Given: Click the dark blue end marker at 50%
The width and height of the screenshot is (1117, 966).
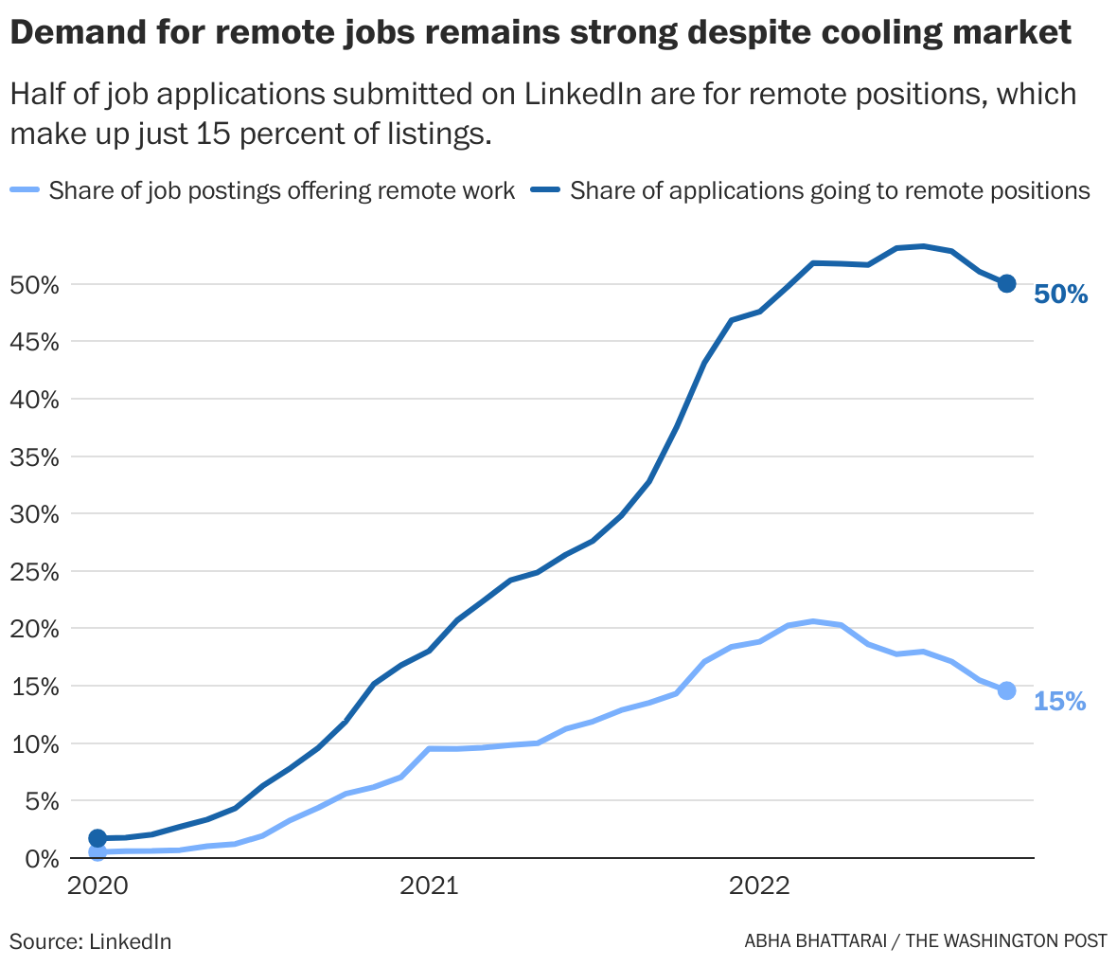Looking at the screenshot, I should pyautogui.click(x=1006, y=283).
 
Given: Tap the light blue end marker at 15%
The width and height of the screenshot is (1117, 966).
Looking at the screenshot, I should pyautogui.click(x=1006, y=690).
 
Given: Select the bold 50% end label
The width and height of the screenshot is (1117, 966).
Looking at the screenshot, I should pyautogui.click(x=1060, y=295).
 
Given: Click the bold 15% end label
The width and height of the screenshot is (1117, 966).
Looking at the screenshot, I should pyautogui.click(x=1059, y=702).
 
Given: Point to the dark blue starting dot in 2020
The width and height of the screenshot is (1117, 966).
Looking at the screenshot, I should pyautogui.click(x=98, y=838).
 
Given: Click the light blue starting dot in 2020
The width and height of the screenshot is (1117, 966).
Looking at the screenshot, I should pyautogui.click(x=98, y=852).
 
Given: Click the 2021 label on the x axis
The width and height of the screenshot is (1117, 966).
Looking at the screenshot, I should pyautogui.click(x=429, y=886).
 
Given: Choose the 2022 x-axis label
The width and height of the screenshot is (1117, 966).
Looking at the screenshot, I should pyautogui.click(x=758, y=886).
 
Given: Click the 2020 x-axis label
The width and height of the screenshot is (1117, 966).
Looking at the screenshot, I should pyautogui.click(x=98, y=886).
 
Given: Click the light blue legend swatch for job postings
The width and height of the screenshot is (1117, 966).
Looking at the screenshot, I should pyautogui.click(x=25, y=190).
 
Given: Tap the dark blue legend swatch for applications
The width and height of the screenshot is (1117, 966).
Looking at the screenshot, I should pyautogui.click(x=546, y=190).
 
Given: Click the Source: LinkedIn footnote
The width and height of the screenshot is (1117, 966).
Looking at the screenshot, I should pyautogui.click(x=91, y=941).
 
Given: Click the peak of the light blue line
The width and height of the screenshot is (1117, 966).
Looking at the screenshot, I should pyautogui.click(x=813, y=621).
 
